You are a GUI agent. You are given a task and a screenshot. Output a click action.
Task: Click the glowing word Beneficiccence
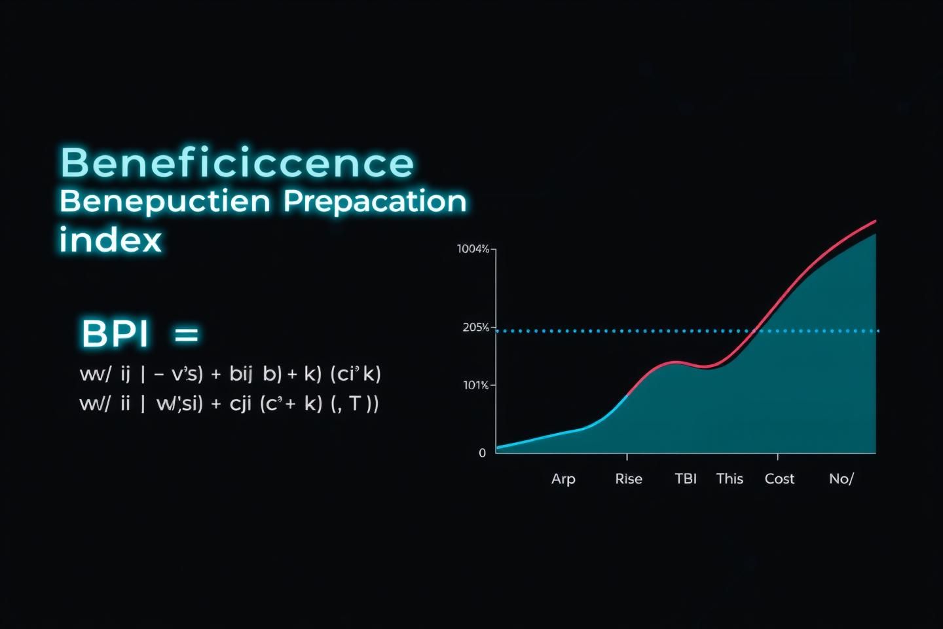point(237,162)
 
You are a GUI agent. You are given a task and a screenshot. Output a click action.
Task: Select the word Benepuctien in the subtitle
point(164,201)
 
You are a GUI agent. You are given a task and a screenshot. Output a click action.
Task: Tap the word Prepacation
point(375,201)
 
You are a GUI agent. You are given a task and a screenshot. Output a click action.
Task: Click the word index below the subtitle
point(110,240)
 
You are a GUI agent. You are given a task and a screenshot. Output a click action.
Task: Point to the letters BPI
point(115,334)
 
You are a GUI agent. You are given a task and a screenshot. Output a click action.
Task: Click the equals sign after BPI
point(187,335)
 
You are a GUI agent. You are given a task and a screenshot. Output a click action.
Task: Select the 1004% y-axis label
point(473,249)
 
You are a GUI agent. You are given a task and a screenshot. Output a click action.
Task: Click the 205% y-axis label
point(475,327)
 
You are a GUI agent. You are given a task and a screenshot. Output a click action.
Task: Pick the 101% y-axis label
point(475,385)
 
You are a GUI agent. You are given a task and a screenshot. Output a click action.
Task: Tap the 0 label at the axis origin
point(483,453)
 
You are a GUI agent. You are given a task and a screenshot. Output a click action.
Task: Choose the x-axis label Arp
point(563,479)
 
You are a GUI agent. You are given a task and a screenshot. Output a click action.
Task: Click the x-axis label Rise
point(629,479)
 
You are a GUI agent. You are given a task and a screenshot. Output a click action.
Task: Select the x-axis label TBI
point(686,479)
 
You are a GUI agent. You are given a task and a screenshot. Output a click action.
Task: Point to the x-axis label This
point(730,479)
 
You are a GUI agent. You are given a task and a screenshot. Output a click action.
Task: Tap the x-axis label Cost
point(779,479)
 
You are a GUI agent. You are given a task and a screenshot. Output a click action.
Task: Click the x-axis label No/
point(841,479)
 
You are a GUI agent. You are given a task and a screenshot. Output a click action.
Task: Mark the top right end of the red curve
point(875,221)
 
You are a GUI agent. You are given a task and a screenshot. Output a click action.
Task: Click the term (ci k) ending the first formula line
point(356,374)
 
